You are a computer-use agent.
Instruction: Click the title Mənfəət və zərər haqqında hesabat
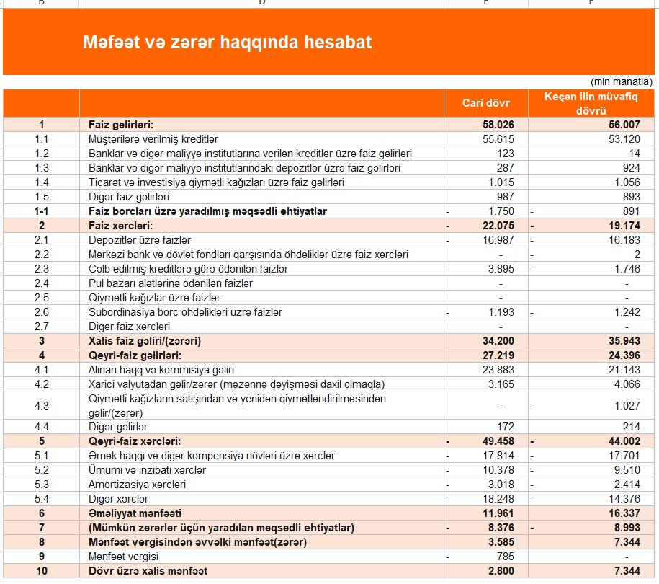click(x=227, y=43)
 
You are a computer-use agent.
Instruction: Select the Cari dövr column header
click(x=485, y=103)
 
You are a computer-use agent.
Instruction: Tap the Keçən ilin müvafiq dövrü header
click(x=592, y=103)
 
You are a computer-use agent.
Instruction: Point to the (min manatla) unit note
click(x=621, y=81)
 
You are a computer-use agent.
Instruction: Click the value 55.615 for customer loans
click(x=498, y=139)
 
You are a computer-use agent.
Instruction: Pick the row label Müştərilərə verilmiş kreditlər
click(x=153, y=139)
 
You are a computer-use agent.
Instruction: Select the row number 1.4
click(x=41, y=182)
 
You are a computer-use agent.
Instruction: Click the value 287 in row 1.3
click(x=505, y=168)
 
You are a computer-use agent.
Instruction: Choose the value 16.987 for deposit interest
click(x=498, y=240)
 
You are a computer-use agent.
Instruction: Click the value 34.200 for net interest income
click(x=498, y=341)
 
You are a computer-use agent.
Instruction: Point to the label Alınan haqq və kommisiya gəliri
click(x=162, y=370)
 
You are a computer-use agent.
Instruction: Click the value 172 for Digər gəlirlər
click(x=505, y=427)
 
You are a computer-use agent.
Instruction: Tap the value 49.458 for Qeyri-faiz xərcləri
click(x=498, y=441)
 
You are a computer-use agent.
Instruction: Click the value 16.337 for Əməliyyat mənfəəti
click(x=623, y=513)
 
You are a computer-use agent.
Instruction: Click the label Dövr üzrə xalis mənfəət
click(x=148, y=571)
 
